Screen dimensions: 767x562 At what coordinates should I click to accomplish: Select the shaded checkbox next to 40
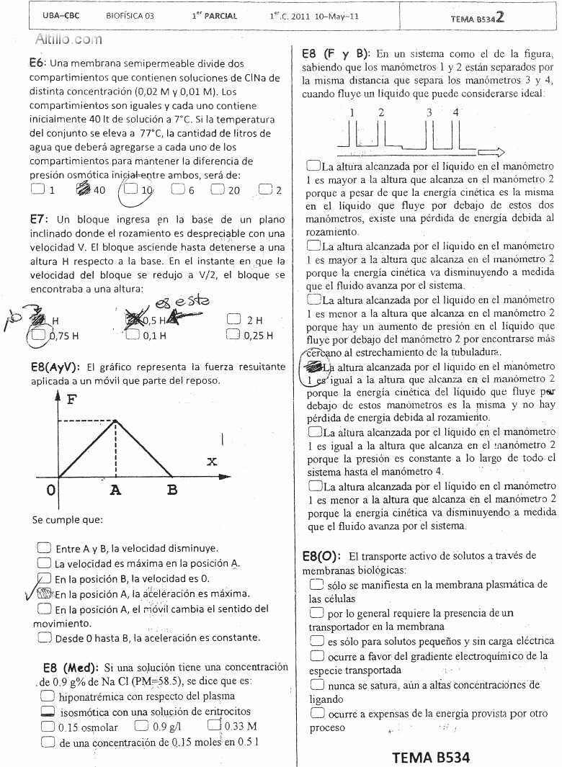pos(81,190)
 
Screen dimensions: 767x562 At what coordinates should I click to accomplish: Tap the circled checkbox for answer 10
pos(130,190)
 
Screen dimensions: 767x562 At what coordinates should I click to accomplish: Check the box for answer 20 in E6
pos(218,190)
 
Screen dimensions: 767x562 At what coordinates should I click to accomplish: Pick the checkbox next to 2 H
pos(233,319)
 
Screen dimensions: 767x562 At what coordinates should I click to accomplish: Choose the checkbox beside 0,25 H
pos(233,334)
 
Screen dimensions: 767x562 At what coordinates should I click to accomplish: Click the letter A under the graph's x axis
pos(116,491)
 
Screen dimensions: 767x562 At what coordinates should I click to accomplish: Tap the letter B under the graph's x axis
pos(171,491)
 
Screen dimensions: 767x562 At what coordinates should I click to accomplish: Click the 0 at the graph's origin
pos(50,491)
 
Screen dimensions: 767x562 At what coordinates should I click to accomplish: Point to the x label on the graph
pos(211,461)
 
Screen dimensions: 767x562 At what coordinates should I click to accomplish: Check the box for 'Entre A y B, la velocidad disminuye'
pos(44,547)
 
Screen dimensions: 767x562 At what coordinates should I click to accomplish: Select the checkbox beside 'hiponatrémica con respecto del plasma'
pos(48,696)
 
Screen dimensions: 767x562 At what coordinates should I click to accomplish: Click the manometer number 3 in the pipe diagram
pos(429,112)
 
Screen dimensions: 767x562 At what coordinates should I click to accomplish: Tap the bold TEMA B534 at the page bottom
pos(431,757)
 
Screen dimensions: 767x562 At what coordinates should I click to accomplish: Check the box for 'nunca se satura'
pos(316,684)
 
